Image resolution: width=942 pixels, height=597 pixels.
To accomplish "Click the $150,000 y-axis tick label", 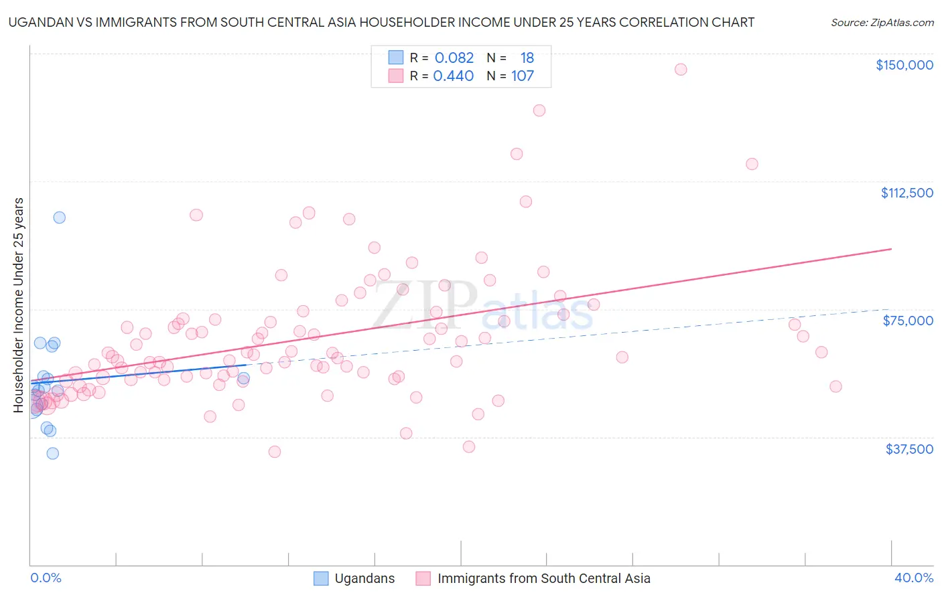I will click(x=904, y=65).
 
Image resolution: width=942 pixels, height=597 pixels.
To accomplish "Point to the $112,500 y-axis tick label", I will click(x=906, y=193).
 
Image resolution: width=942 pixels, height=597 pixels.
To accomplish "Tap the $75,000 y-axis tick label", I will click(x=908, y=321).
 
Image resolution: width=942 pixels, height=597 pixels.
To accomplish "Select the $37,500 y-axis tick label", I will click(x=909, y=449).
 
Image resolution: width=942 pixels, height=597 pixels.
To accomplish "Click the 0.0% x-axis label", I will click(x=46, y=578).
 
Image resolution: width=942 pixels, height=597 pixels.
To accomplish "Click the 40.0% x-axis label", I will click(x=914, y=578).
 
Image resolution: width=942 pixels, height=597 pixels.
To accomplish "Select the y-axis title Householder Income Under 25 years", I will click(x=19, y=305).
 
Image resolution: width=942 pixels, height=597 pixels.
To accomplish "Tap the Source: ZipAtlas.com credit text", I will click(x=882, y=22).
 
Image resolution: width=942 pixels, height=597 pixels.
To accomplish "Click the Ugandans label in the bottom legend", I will click(x=364, y=579).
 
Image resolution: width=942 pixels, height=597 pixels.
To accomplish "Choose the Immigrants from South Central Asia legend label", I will click(x=544, y=579).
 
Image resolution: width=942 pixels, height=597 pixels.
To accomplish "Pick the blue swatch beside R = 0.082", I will click(x=396, y=58).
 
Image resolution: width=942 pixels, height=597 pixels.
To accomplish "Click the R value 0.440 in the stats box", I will click(x=454, y=76).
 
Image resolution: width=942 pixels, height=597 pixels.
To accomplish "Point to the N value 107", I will click(x=523, y=76).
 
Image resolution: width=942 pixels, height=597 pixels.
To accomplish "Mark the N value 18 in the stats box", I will click(x=527, y=58).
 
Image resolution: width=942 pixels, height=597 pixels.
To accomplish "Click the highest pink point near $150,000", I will click(x=681, y=70).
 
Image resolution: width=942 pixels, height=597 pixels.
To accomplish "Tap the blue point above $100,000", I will click(x=60, y=218).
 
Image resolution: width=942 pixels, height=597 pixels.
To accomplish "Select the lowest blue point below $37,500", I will click(x=52, y=454).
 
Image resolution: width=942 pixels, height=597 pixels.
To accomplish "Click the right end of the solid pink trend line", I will click(x=891, y=249).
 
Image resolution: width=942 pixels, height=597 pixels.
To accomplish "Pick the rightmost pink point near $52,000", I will click(x=835, y=387).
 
